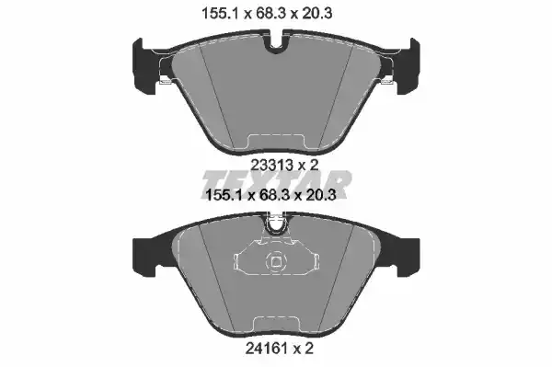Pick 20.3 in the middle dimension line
pyautogui.click(x=321, y=195)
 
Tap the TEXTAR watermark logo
pyautogui.click(x=276, y=183)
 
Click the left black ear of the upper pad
pyautogui.click(x=145, y=66)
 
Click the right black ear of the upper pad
pyautogui.click(x=408, y=66)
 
